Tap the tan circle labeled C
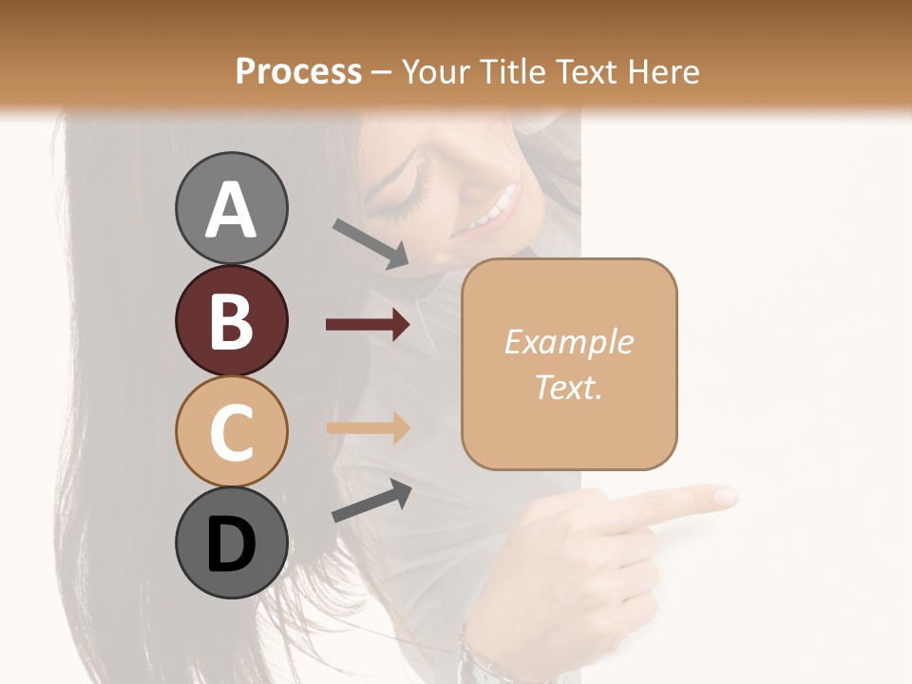click(231, 430)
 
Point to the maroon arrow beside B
click(368, 325)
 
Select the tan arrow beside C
click(368, 427)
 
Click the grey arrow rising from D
click(371, 501)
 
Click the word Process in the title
click(298, 71)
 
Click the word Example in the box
click(569, 342)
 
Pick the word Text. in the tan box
click(569, 387)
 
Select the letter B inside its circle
click(231, 321)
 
